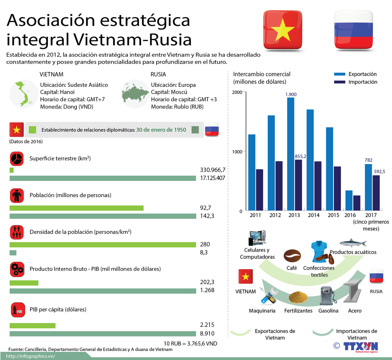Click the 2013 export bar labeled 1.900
tap(291, 154)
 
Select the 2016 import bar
tap(357, 203)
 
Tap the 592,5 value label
tap(379, 172)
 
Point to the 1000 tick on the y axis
tap(237, 152)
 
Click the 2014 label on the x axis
tap(314, 215)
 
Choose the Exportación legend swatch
tap(340, 74)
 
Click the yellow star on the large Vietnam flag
tap(283, 30)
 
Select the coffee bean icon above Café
tap(292, 256)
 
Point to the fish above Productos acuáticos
tap(353, 243)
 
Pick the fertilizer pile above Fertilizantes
tap(298, 297)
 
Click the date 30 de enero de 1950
tap(161, 130)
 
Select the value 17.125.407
tap(213, 178)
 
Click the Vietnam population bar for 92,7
tap(77, 208)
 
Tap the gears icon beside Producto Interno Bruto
tap(17, 269)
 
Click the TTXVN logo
tap(360, 346)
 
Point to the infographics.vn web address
tap(30, 356)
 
